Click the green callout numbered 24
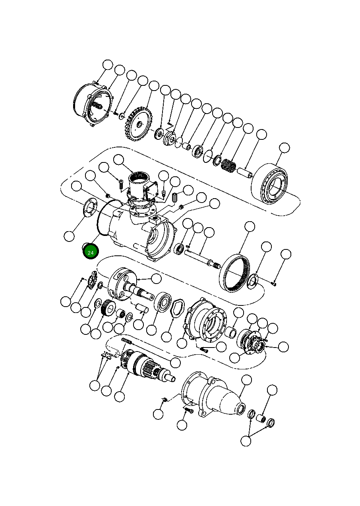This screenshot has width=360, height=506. click(91, 252)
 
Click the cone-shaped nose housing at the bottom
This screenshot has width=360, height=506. click(223, 397)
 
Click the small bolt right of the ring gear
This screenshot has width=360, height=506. click(274, 283)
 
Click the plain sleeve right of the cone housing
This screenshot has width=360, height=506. click(261, 418)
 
